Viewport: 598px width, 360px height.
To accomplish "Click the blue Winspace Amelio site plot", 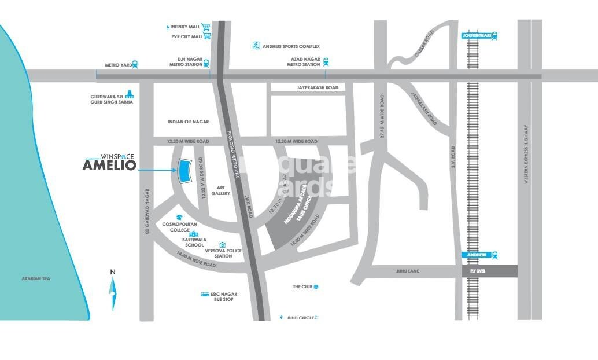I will tap(184, 171).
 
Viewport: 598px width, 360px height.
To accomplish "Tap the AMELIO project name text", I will tap(109, 166).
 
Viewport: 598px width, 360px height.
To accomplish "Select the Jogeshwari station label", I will tap(475, 35).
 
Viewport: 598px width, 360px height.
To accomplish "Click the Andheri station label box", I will tap(476, 255).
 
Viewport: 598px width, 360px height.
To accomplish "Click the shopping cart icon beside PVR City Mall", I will tap(208, 36).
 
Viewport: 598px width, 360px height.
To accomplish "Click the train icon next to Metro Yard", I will tap(135, 65).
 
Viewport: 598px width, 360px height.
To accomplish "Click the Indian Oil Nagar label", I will tap(188, 122).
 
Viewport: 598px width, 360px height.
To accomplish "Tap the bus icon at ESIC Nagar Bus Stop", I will tap(205, 295).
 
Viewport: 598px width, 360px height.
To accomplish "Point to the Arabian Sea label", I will tap(36, 279).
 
